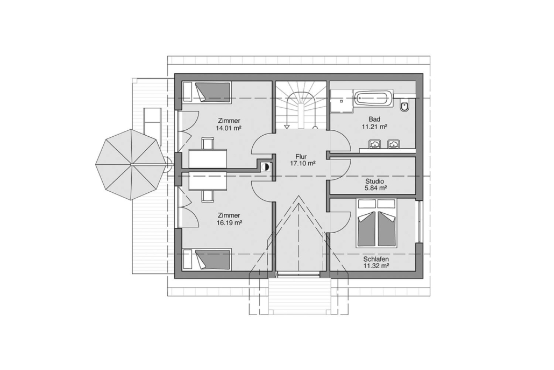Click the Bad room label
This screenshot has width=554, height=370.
pos(374,119)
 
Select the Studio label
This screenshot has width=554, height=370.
pos(375,181)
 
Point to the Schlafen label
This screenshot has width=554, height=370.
pos(376,259)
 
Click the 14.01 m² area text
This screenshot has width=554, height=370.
pos(229,128)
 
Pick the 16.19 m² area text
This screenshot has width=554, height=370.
pos(229,223)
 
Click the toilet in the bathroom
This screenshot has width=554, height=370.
pos(405,106)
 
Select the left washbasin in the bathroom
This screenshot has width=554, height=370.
pos(374,144)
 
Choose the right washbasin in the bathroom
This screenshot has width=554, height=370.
pos(393,144)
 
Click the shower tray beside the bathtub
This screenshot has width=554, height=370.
pos(342,101)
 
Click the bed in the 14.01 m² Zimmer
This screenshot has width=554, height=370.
pos(207,92)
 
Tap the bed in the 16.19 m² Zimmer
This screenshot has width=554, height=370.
pos(207,259)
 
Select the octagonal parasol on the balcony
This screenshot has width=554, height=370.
pos(131,164)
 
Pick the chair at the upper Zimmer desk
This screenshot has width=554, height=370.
pos(208,144)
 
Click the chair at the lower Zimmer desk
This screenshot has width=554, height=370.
pos(208,197)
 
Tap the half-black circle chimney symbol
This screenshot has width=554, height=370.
pos(266,166)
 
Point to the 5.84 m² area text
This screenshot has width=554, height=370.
pos(375,188)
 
